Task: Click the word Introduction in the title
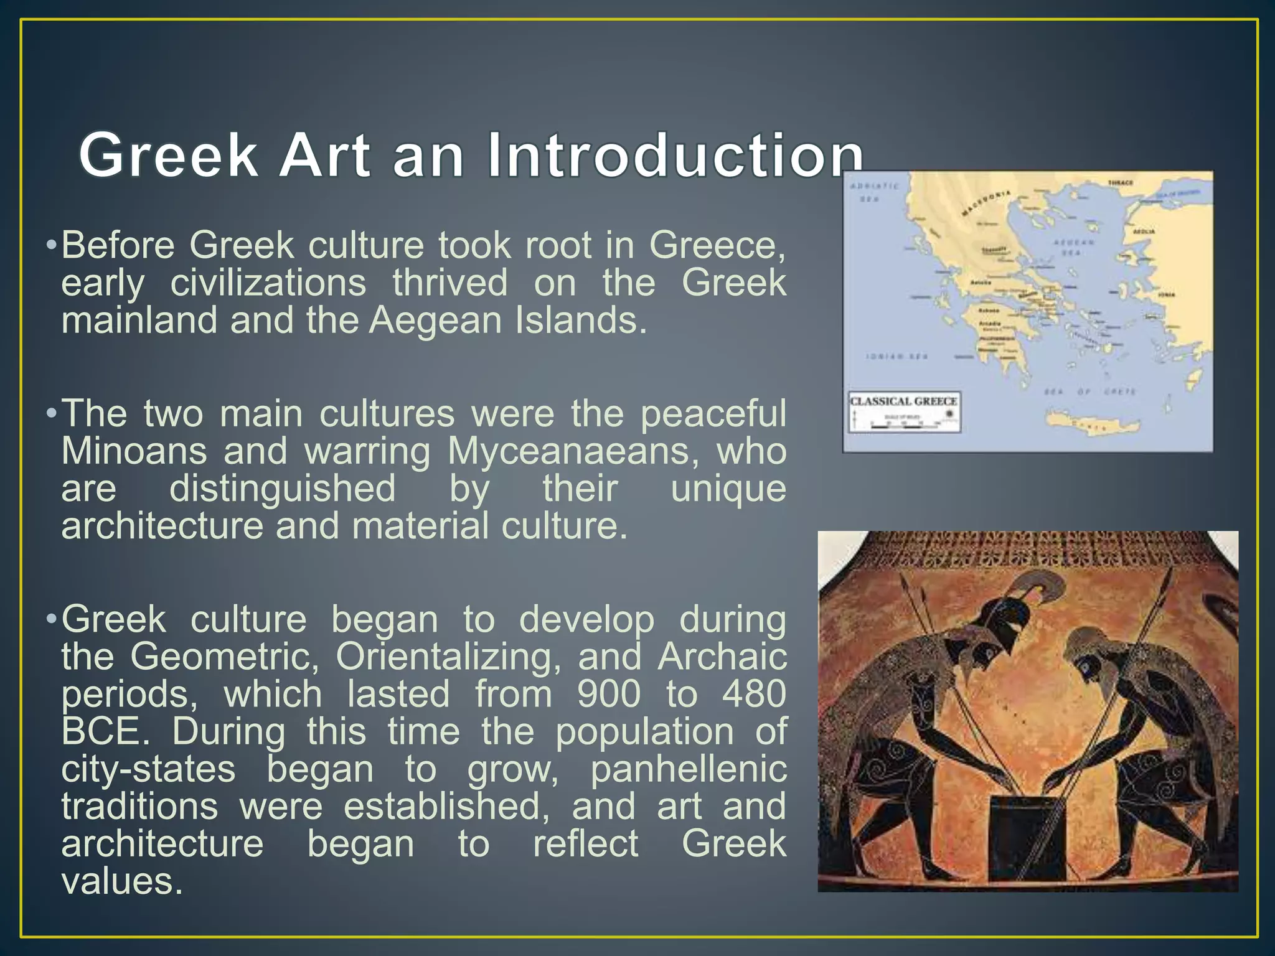point(675,155)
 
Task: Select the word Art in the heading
point(325,155)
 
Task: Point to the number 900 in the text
point(608,694)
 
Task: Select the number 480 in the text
point(755,694)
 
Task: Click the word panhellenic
point(689,769)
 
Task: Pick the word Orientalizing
point(448,657)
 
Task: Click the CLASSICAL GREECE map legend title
point(903,401)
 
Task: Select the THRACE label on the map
point(1121,183)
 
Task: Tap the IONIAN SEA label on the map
point(897,357)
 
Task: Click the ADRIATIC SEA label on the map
point(874,192)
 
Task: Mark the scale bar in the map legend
point(906,426)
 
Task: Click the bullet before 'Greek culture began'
point(52,620)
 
